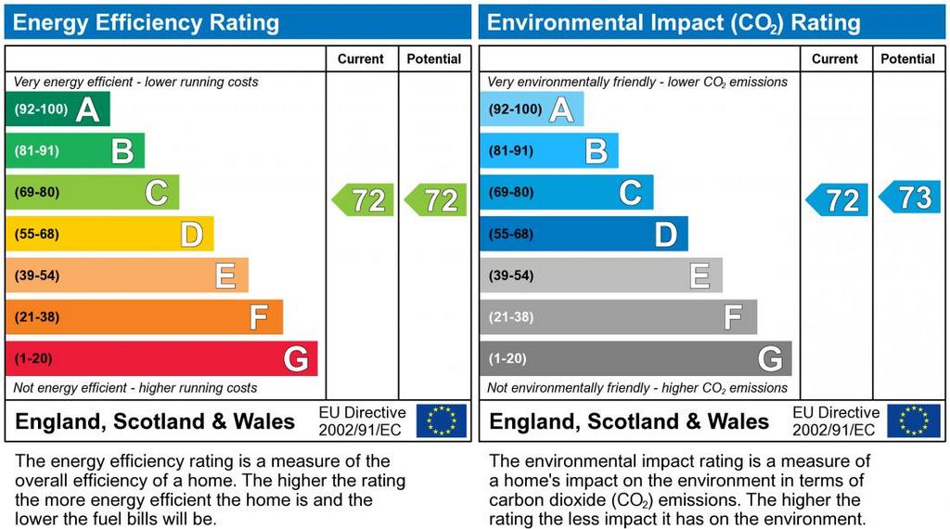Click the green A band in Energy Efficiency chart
pyautogui.click(x=58, y=110)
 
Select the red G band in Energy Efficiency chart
pyautogui.click(x=161, y=359)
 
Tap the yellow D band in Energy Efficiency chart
pyautogui.click(x=109, y=234)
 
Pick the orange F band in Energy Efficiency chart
pyautogui.click(x=144, y=317)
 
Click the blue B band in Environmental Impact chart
pyautogui.click(x=548, y=150)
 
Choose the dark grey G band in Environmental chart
pyautogui.click(x=635, y=359)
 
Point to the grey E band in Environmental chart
pyautogui.click(x=600, y=276)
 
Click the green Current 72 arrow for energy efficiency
pyautogui.click(x=364, y=200)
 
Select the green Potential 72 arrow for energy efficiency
pyautogui.click(x=436, y=200)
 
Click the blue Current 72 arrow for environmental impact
pyautogui.click(x=838, y=200)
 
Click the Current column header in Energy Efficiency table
pyautogui.click(x=361, y=58)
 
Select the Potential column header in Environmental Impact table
pyautogui.click(x=908, y=58)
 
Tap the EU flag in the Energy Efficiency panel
pyautogui.click(x=442, y=420)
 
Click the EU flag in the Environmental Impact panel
pyautogui.click(x=914, y=420)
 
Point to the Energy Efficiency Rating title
pyautogui.click(x=146, y=22)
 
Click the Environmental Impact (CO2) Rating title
pyautogui.click(x=674, y=22)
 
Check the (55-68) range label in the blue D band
pyautogui.click(x=512, y=234)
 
